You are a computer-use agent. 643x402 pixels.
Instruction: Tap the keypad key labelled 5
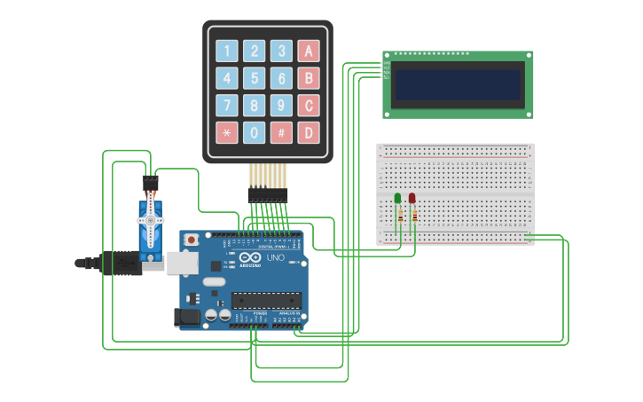pos(255,78)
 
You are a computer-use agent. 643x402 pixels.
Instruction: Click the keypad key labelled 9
pos(281,106)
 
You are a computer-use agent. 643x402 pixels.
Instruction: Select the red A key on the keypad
pos(309,51)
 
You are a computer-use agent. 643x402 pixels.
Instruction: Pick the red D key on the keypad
pos(309,133)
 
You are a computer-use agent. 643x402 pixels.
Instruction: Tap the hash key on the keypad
pos(281,133)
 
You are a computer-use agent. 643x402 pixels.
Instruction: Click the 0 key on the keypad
pos(255,133)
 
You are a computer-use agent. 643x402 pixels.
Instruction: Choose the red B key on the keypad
pos(309,78)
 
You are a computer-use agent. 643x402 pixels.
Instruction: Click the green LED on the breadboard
pos(397,198)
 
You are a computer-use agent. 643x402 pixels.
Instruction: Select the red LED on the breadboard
pos(412,198)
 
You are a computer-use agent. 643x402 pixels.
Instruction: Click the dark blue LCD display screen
pos(458,85)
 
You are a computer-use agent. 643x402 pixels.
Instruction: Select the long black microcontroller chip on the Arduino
pos(266,300)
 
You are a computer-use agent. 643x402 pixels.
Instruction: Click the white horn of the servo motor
pos(151,228)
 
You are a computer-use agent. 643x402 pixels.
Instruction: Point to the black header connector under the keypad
pos(268,193)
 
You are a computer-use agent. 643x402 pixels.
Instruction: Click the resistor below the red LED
pos(415,216)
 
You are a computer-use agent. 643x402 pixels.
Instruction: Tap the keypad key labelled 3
pos(281,51)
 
